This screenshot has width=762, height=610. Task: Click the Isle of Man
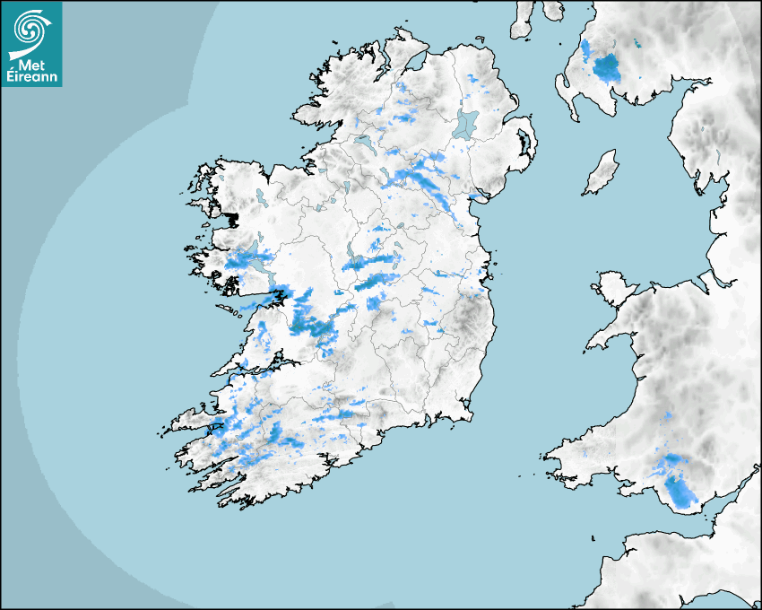(x=602, y=173)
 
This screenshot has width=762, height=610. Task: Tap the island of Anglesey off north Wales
(x=613, y=290)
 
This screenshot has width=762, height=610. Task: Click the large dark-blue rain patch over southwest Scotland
(x=606, y=66)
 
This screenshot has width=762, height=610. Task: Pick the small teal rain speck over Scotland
(x=638, y=43)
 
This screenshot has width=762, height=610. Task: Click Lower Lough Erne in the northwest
(x=364, y=143)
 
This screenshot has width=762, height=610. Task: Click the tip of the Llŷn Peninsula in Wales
(x=591, y=344)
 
